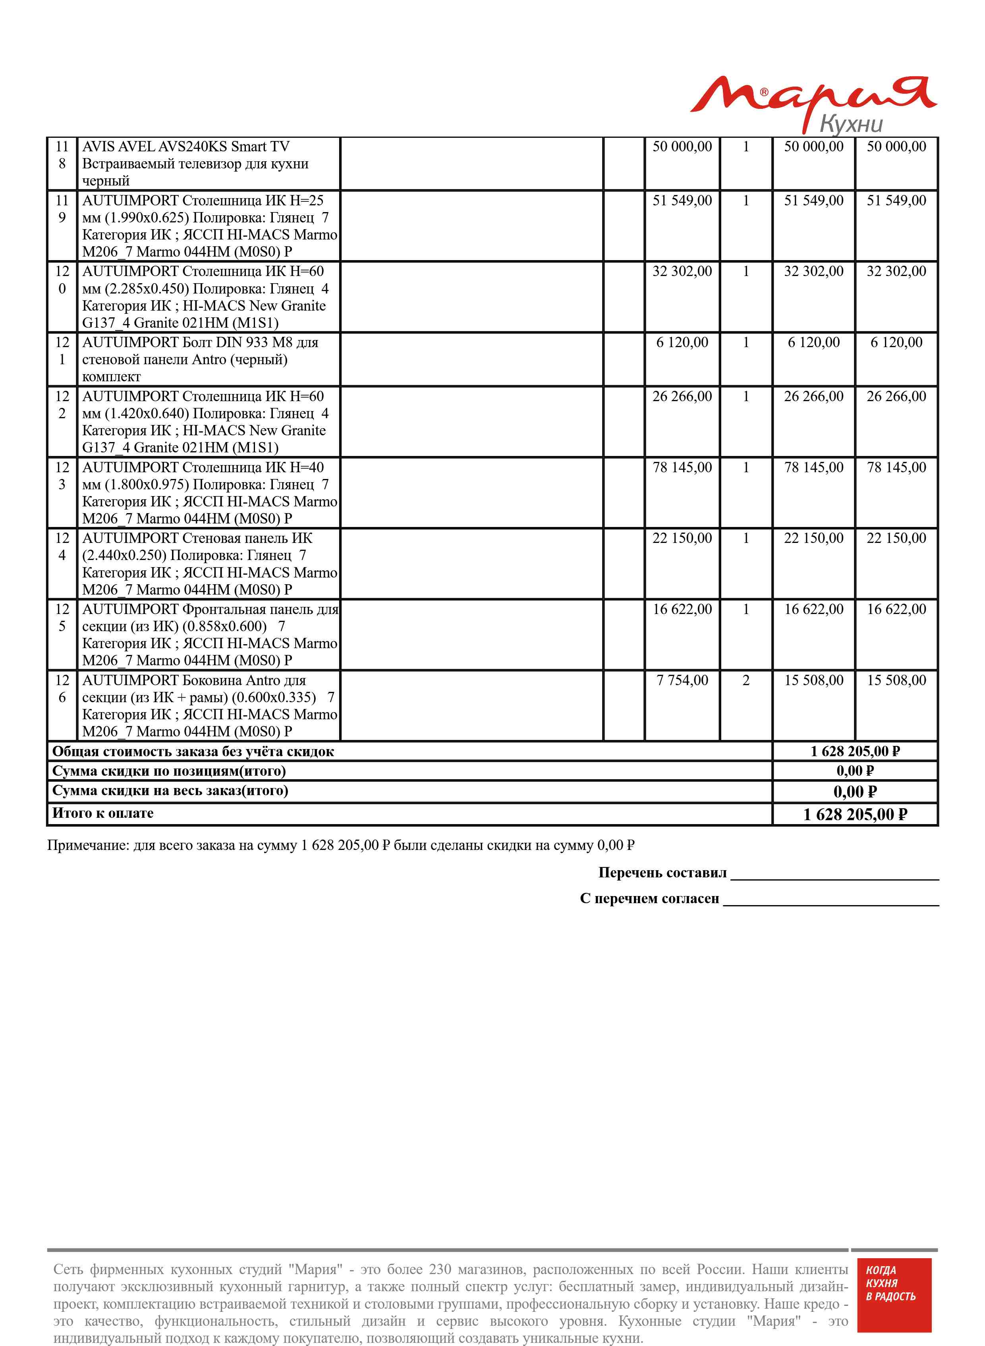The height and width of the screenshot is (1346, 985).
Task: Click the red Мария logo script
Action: coord(811,95)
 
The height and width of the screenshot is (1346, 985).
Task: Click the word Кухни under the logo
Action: coord(851,124)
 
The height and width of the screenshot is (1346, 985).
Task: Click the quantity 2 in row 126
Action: coord(746,680)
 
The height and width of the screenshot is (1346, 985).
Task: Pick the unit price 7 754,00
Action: coord(682,680)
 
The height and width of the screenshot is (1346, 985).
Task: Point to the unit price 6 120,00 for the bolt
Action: coord(682,342)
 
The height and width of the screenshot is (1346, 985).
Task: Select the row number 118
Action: coord(62,154)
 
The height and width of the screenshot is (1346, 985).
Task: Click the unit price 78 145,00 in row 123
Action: coord(682,467)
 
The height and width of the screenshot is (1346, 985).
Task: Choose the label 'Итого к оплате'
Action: coord(102,813)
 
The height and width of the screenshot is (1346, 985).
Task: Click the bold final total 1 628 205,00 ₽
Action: coord(854,814)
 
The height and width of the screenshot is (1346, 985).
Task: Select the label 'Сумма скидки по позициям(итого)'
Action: coord(169,771)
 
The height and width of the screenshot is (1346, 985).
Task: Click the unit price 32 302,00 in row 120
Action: coord(682,271)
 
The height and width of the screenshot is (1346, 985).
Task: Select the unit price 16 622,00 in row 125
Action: coord(682,609)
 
